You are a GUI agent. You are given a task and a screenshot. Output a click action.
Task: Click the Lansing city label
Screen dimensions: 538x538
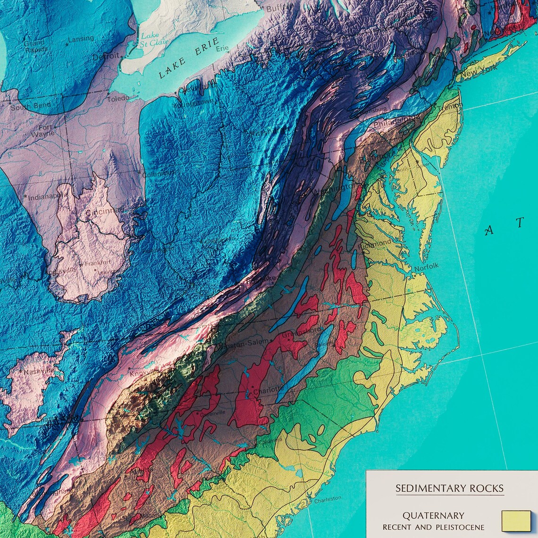click(81, 39)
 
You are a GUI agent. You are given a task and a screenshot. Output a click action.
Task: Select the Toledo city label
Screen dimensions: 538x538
click(118, 100)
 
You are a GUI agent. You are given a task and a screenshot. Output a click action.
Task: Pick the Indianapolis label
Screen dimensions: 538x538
click(45, 197)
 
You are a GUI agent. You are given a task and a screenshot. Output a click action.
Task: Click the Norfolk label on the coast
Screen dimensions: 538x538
click(426, 267)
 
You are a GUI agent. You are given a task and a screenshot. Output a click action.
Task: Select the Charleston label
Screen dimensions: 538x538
click(328, 499)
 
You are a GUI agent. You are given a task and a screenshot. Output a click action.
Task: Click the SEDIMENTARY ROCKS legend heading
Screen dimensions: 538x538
click(449, 488)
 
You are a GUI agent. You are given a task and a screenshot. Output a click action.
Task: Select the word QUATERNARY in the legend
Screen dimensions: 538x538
click(433, 515)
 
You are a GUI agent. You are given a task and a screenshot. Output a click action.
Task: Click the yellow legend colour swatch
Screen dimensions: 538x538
click(516, 521)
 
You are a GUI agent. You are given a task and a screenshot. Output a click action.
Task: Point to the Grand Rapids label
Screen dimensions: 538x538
click(36, 46)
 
